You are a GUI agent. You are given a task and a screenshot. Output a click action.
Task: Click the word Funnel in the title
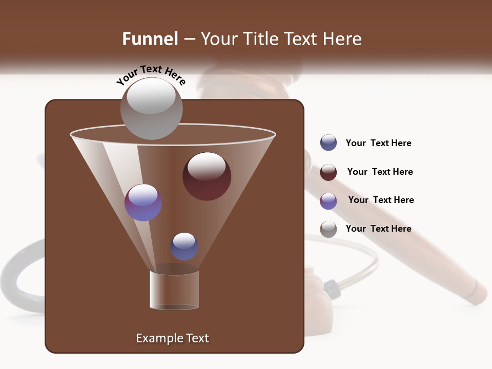tap(150, 39)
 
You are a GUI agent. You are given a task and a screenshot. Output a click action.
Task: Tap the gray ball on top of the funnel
tap(151, 108)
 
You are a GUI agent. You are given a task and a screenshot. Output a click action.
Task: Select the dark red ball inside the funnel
tap(207, 176)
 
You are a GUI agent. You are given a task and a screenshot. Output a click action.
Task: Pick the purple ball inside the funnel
tap(143, 202)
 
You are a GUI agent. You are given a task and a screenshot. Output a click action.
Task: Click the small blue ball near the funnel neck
tap(184, 246)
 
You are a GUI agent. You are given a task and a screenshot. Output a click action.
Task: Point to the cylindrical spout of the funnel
tap(174, 290)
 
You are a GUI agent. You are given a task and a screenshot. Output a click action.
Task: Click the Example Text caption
tap(172, 338)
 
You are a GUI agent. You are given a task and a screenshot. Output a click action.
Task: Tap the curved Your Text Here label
tap(151, 75)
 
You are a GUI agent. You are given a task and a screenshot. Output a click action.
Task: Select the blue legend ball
tap(329, 143)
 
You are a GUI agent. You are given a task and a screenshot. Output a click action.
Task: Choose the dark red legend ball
tap(329, 172)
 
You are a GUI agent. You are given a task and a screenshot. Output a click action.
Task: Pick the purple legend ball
tap(329, 201)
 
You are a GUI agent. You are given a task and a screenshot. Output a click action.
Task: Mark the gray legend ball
tap(329, 229)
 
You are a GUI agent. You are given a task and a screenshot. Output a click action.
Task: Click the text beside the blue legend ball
tap(378, 143)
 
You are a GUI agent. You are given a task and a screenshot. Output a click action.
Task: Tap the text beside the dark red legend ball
tap(380, 172)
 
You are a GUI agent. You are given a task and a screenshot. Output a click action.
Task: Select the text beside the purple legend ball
tap(381, 200)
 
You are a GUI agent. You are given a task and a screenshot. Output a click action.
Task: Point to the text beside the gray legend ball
tap(378, 229)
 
